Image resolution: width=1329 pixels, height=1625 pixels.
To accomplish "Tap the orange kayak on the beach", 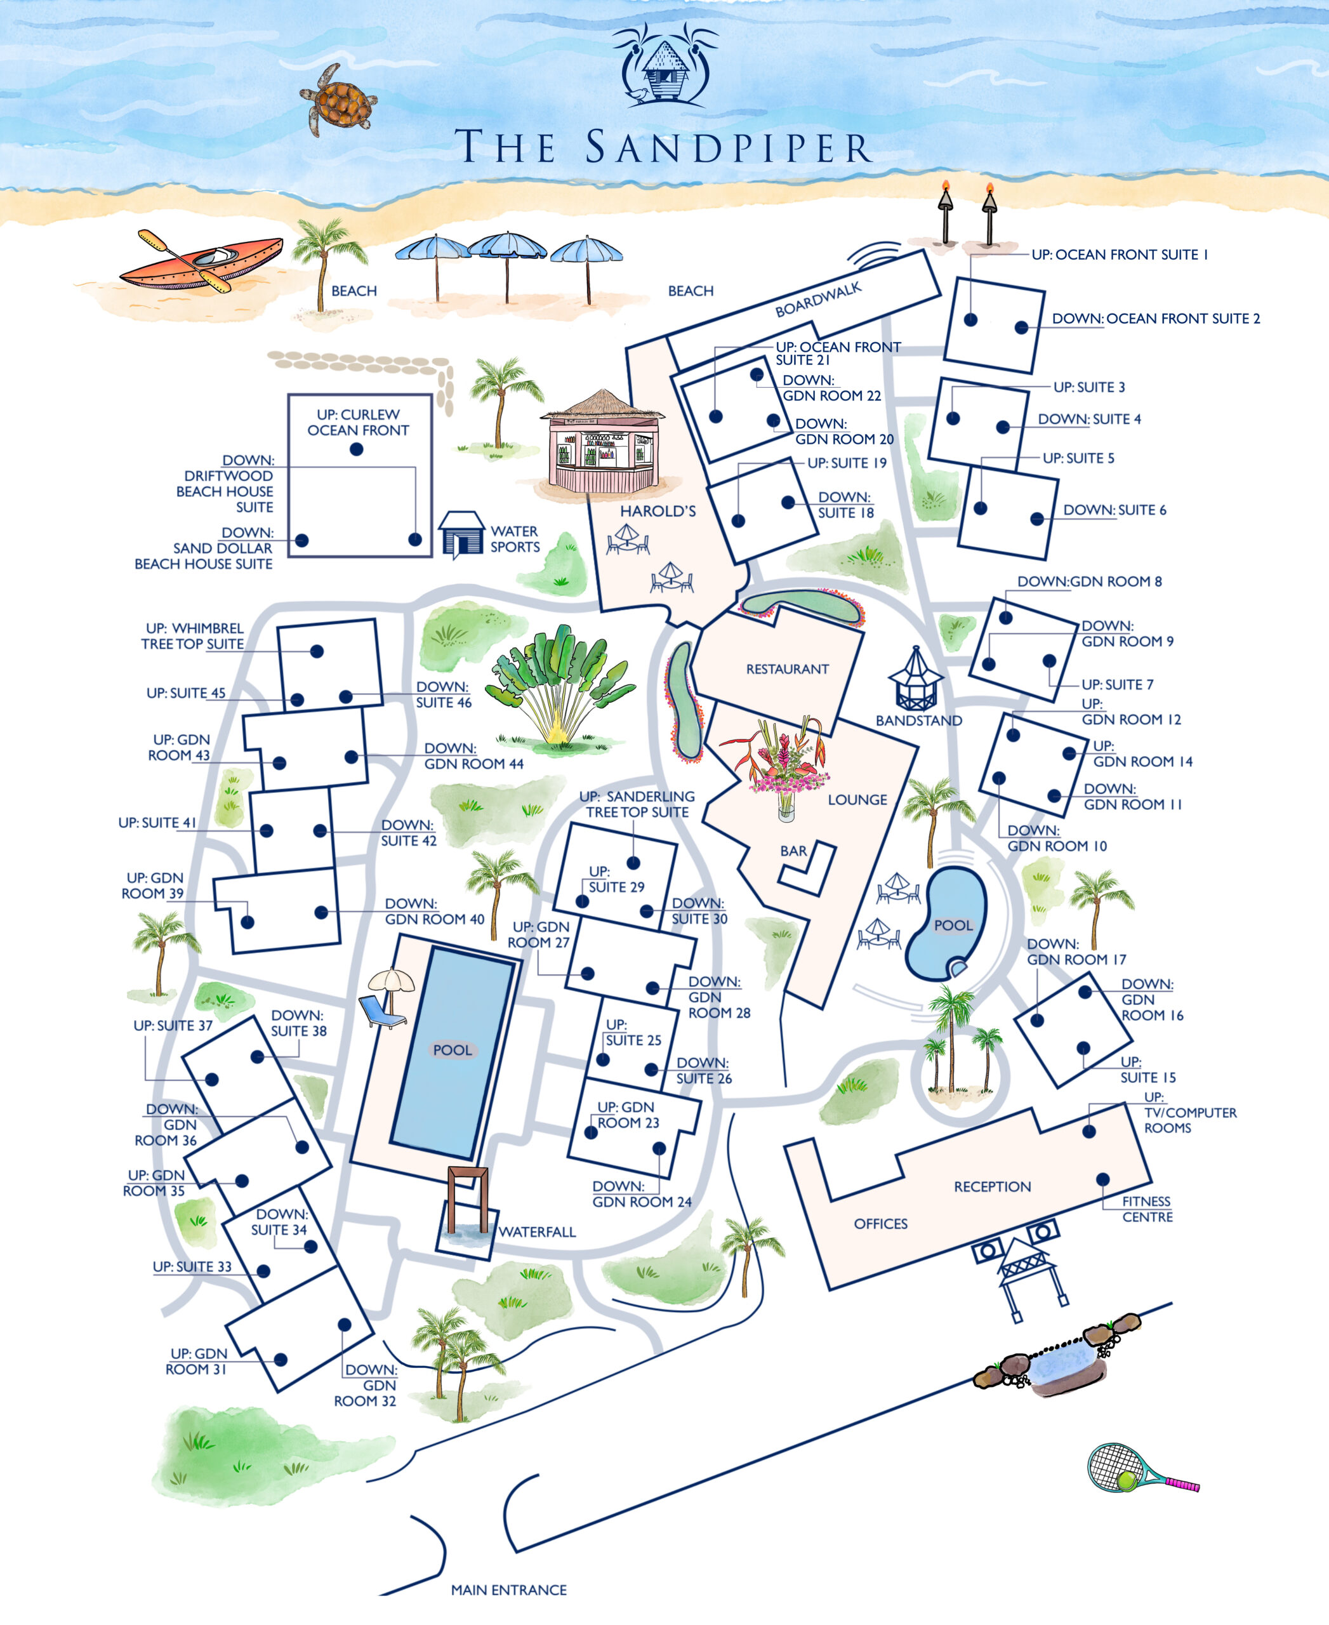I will coord(201,260).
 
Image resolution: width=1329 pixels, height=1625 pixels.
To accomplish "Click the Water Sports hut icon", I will coord(461,533).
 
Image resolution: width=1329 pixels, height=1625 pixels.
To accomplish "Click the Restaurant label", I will coord(787,669).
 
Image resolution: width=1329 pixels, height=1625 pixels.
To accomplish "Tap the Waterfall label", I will coord(537,1232).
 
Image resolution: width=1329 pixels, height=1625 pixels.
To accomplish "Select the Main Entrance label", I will coord(508,1590).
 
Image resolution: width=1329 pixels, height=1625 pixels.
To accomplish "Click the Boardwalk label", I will coord(817,298).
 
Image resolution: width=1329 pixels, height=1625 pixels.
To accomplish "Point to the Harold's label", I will coord(658,512).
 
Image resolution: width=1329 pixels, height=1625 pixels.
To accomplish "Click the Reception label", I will coord(992,1187).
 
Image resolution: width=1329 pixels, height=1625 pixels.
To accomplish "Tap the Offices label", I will coord(880,1224).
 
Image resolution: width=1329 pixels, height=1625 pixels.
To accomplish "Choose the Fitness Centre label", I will coord(1147,1209).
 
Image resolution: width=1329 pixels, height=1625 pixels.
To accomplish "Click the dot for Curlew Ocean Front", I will coord(356,449).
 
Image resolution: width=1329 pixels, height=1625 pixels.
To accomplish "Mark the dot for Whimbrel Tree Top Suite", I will coord(316,651).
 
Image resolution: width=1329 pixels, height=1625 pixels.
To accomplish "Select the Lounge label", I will coord(857,799).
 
